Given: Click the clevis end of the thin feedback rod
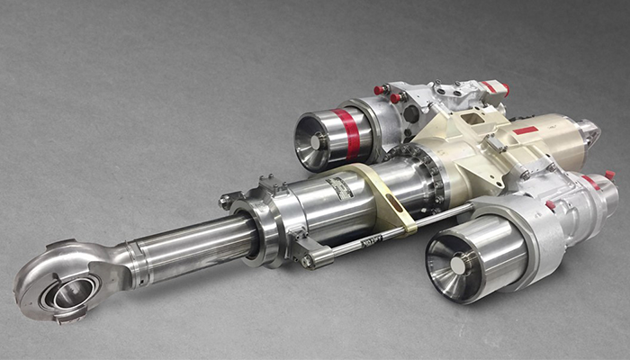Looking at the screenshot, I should click(310, 261).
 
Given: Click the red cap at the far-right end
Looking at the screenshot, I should click(609, 175).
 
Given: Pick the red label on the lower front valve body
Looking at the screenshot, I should click(550, 205).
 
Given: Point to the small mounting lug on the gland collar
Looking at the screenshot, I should click(230, 200).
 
